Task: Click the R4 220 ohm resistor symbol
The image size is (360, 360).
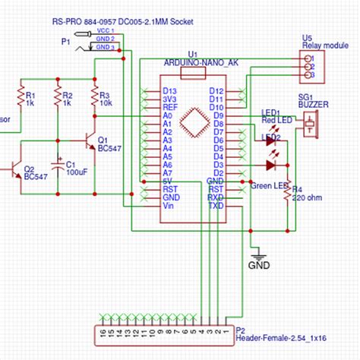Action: tap(287, 193)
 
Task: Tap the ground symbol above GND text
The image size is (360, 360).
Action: tap(258, 254)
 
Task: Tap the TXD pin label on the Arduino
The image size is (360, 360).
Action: tap(216, 206)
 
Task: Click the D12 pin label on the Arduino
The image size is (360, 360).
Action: tap(216, 91)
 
